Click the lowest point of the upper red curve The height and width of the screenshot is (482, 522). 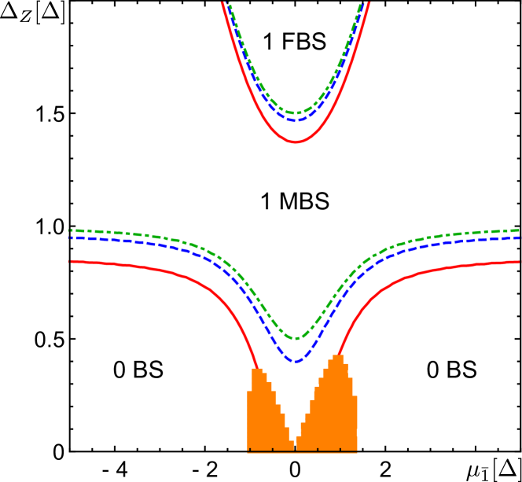coord(296,142)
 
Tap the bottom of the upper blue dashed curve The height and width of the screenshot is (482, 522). coord(296,120)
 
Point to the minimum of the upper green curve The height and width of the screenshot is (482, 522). coord(296,113)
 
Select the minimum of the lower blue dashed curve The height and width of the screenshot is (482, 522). coord(296,361)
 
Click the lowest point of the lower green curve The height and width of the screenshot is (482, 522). coord(296,339)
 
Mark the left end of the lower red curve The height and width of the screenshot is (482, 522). coord(71,261)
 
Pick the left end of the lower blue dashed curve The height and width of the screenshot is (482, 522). coord(71,237)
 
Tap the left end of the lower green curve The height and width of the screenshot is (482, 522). coord(71,230)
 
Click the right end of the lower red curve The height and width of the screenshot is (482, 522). coord(519,261)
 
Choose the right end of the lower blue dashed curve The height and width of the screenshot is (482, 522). coord(519,237)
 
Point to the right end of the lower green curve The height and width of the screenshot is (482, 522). coord(519,230)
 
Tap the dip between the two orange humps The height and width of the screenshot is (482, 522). coord(294,444)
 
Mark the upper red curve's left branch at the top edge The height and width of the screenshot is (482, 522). coord(222,2)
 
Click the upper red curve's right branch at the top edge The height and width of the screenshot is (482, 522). coord(369,2)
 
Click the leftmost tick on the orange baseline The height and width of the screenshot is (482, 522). coord(248,451)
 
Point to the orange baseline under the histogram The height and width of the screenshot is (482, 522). coord(303,453)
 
